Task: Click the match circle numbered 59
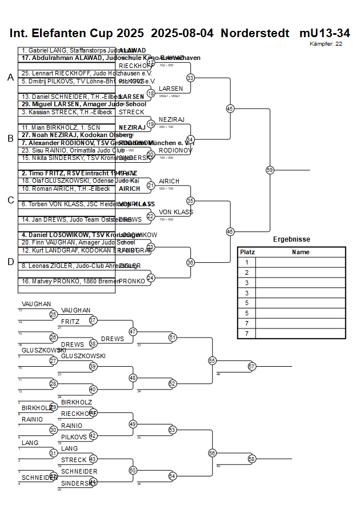tap(270, 170)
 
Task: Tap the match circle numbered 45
tap(230, 108)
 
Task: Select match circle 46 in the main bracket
tap(230, 231)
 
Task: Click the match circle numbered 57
tap(251, 366)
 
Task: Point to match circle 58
tap(251, 459)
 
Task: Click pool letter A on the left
tap(10, 78)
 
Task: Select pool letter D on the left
tap(10, 262)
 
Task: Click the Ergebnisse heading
tap(291, 239)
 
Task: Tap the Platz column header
tap(247, 252)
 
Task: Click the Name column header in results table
tap(300, 252)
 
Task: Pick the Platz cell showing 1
tap(247, 262)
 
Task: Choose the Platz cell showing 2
tap(247, 272)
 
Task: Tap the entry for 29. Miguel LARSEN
tap(83, 105)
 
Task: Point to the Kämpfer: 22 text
tap(326, 43)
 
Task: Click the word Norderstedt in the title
tap(255, 33)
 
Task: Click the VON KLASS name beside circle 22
tap(176, 212)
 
